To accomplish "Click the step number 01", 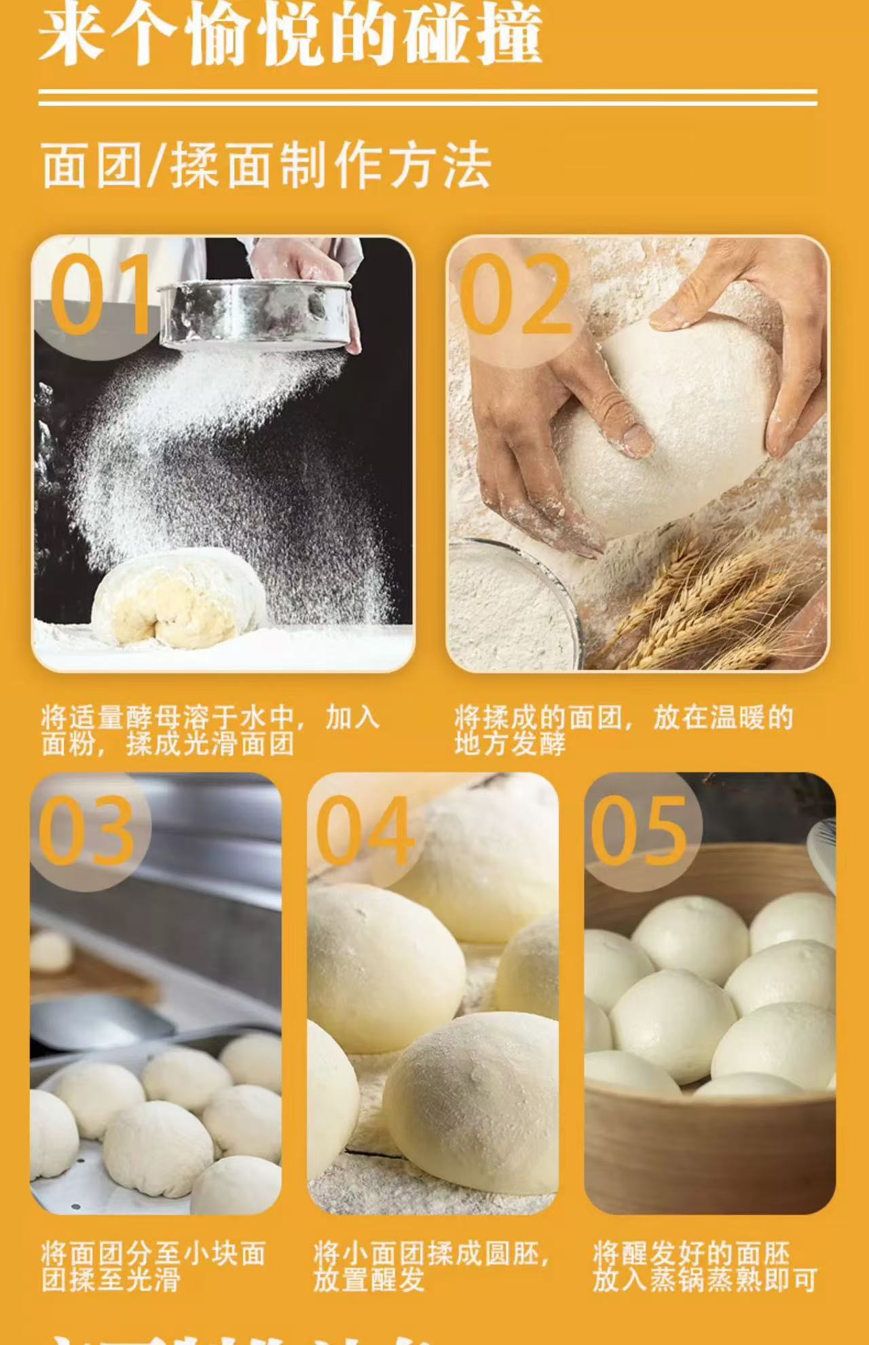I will point(100,294).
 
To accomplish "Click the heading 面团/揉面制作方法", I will point(265,166).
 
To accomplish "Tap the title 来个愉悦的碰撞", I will point(290,34).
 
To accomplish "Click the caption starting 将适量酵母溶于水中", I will point(209,731).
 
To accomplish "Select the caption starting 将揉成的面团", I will point(623,731).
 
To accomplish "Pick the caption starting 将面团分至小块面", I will point(153,1266).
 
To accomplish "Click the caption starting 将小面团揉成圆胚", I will point(431,1266).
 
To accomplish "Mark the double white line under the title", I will point(428,98).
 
